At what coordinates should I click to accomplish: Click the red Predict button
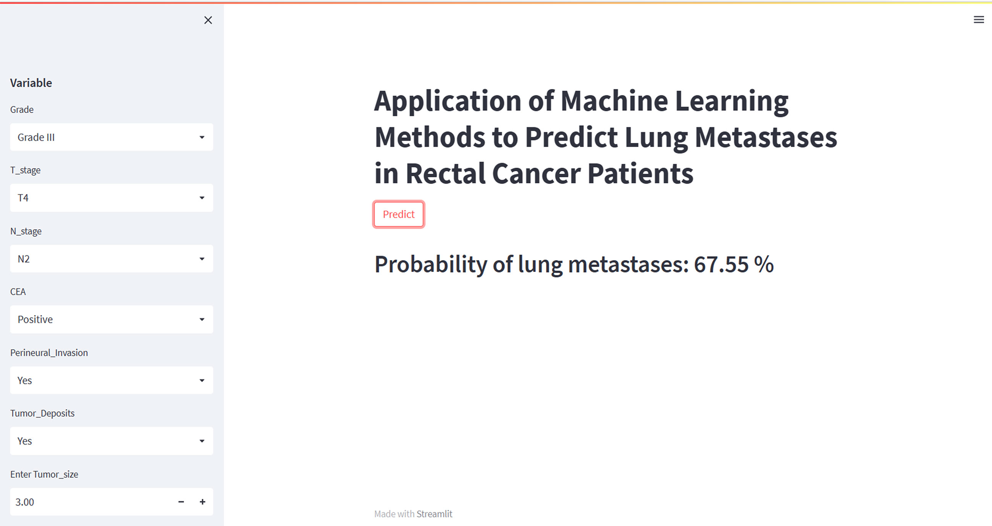click(x=399, y=214)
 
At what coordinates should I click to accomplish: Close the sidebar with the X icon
click(x=208, y=20)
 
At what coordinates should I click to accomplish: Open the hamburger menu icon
click(x=979, y=19)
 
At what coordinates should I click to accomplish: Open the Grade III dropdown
click(x=111, y=137)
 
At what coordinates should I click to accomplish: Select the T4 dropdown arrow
click(x=202, y=198)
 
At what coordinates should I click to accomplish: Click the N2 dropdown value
click(x=24, y=259)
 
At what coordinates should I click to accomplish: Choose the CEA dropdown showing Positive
click(x=111, y=319)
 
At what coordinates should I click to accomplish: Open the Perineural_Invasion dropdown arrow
click(x=202, y=380)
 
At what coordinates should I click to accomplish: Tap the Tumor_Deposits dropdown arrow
click(x=202, y=441)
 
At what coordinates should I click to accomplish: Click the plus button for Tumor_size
click(x=202, y=502)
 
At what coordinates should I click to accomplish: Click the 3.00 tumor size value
click(x=25, y=502)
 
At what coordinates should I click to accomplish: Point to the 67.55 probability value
click(x=721, y=264)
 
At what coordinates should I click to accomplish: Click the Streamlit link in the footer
click(x=435, y=514)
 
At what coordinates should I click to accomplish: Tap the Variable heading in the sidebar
click(x=31, y=83)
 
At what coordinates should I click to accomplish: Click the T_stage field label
click(x=26, y=170)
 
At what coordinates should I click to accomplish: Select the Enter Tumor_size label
click(x=44, y=474)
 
